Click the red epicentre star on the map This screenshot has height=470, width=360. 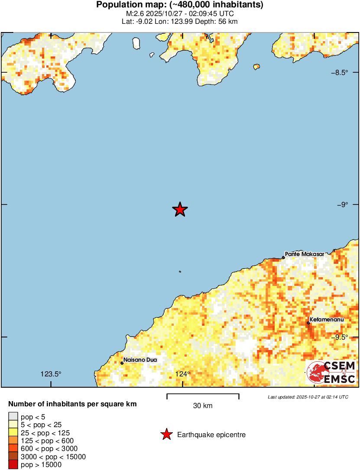click(x=180, y=210)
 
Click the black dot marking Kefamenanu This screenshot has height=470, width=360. click(x=308, y=323)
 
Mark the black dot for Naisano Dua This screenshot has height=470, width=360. click(x=122, y=363)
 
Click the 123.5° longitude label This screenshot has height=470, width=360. click(x=51, y=374)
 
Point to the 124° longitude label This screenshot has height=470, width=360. click(x=182, y=374)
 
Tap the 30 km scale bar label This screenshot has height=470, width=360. click(x=203, y=406)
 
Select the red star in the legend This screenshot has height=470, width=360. click(x=166, y=434)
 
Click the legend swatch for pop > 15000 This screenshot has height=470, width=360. click(x=13, y=465)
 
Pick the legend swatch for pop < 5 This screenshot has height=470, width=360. click(x=13, y=417)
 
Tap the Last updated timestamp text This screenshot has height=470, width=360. click(x=308, y=397)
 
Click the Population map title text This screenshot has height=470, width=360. click(x=180, y=5)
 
